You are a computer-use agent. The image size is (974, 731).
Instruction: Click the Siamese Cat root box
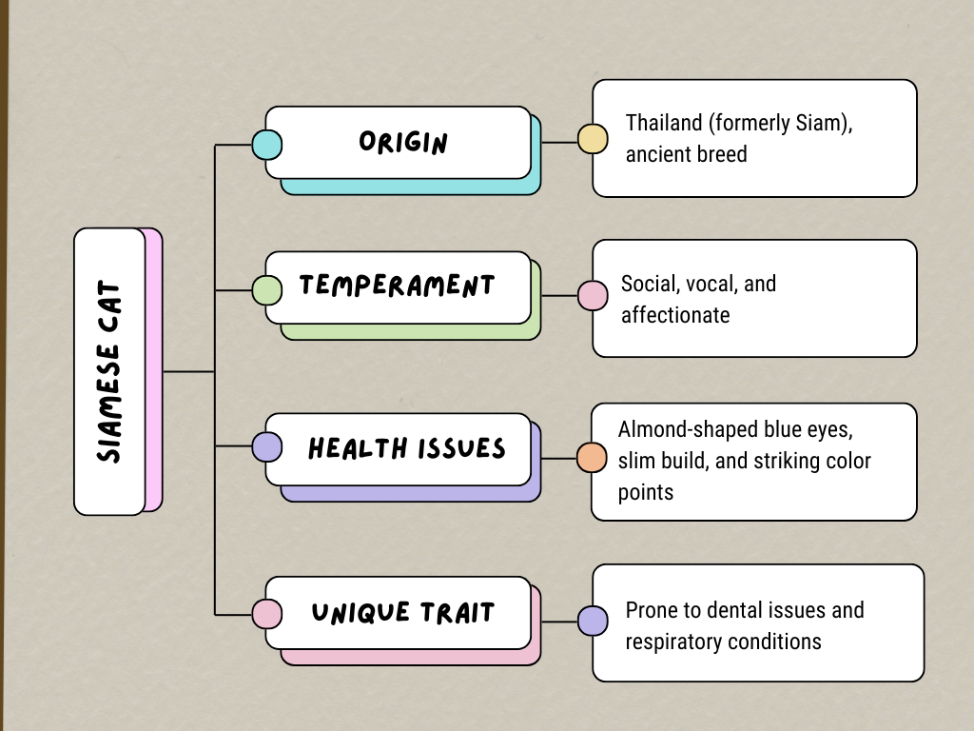[x=109, y=371]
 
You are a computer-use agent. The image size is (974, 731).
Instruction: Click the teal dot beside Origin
[x=266, y=145]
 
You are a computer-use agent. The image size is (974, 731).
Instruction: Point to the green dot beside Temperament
[x=266, y=290]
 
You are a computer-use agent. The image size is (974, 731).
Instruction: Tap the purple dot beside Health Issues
[x=266, y=447]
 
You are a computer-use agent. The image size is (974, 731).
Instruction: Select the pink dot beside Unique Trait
[x=266, y=614]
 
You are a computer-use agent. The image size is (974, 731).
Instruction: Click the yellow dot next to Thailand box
[x=593, y=139]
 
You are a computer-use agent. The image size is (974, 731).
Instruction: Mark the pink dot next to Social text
[x=593, y=296]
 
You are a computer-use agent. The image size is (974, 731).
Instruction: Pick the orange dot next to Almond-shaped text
[x=592, y=457]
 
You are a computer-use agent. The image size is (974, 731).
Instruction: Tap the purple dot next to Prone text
[x=593, y=621]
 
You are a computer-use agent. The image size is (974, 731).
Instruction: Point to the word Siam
[x=822, y=123]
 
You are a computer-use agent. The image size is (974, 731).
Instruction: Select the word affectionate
[x=675, y=314]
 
